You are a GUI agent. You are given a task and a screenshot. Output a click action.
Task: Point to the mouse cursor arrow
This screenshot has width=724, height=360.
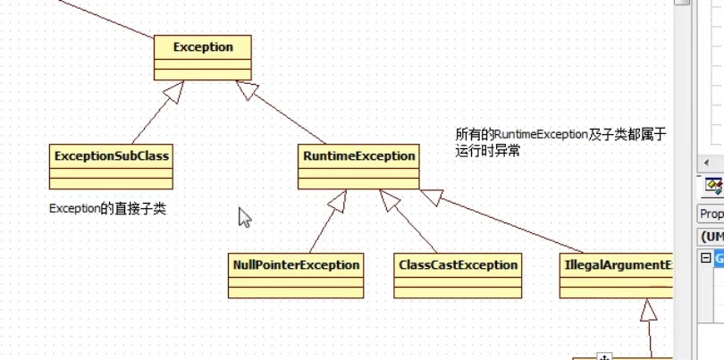(244, 216)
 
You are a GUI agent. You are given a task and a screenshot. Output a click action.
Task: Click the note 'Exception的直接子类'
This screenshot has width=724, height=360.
(107, 209)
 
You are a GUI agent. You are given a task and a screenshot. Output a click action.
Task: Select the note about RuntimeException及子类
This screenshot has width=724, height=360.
(560, 142)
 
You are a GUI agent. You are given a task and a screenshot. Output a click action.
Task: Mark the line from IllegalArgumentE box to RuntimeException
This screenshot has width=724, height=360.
(509, 223)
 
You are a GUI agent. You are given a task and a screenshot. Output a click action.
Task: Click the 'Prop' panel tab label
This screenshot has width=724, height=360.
(711, 214)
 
